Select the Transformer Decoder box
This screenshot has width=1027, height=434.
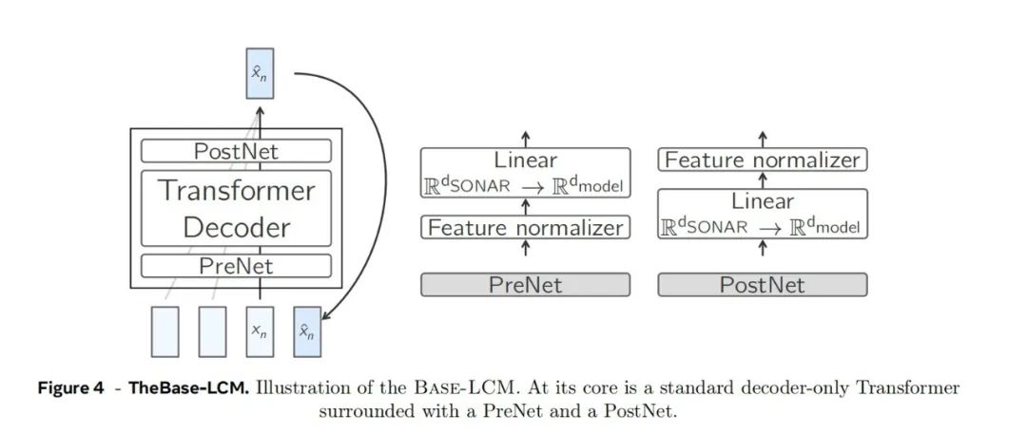236,208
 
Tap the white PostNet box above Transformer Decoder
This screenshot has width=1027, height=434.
236,151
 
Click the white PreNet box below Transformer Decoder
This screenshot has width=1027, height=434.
236,266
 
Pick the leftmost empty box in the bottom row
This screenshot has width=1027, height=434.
165,330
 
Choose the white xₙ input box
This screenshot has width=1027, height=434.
260,330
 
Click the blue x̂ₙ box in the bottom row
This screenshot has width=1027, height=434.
307,330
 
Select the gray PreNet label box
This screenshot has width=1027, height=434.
525,285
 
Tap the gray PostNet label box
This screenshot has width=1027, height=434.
763,285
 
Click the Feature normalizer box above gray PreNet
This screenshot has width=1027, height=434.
525,228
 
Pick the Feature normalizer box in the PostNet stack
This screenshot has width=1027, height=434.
763,160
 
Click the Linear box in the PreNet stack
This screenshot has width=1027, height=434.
525,173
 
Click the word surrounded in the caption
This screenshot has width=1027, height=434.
367,410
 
